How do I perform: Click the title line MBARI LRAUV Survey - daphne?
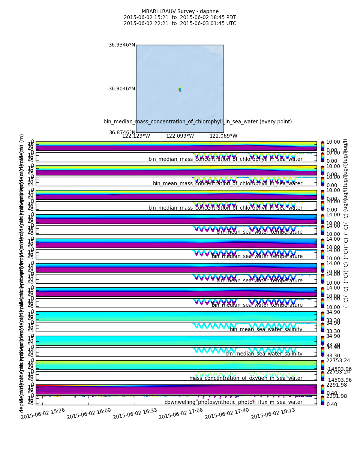click(180, 12)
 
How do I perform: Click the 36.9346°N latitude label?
click(122, 45)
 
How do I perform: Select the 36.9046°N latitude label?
click(122, 89)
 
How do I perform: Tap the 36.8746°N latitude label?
click(122, 133)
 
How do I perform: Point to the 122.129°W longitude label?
click(136, 136)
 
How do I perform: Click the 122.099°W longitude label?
click(180, 136)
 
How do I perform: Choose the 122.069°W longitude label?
click(223, 136)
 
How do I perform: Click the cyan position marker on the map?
click(180, 89)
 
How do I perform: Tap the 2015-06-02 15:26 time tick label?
click(43, 413)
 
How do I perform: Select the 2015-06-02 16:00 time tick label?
click(89, 413)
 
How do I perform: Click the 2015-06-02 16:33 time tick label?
click(135, 413)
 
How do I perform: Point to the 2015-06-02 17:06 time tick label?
click(181, 413)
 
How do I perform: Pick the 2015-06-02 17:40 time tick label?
click(227, 413)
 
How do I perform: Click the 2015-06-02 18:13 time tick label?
click(273, 413)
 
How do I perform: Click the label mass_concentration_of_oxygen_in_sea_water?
click(246, 378)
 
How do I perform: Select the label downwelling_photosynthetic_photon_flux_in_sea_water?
click(233, 402)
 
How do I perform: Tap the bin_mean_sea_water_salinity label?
click(266, 329)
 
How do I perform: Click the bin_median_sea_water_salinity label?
click(264, 354)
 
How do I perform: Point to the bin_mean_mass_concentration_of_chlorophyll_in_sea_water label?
click(227, 183)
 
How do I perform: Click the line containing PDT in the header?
click(180, 18)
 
